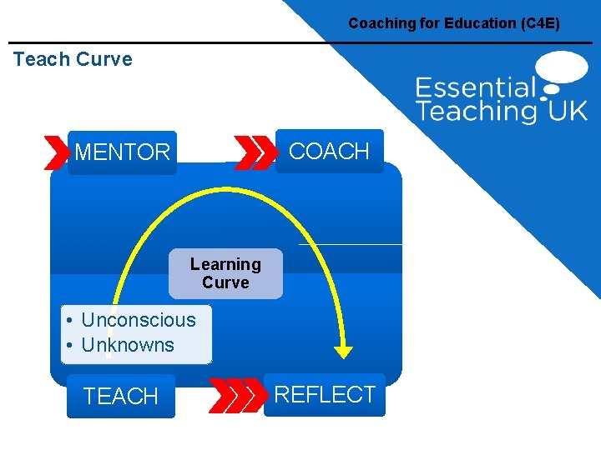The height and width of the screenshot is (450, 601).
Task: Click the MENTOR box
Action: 122,152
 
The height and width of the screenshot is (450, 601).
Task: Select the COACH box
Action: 329,151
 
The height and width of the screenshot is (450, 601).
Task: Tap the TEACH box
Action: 121,397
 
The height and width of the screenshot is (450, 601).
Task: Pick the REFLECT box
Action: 325,394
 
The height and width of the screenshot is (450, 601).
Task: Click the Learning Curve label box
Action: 225,273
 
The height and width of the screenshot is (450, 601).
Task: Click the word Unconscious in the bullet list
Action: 139,320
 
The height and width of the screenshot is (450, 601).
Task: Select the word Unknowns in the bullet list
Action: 128,345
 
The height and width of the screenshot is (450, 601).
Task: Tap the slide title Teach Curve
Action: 73,59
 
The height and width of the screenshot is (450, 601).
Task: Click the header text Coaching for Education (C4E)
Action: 454,23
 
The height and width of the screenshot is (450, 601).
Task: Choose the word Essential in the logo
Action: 476,87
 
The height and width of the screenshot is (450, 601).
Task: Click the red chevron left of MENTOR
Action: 57,152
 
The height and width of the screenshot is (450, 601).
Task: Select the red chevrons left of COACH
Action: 255,152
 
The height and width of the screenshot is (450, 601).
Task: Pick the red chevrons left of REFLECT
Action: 235,395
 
